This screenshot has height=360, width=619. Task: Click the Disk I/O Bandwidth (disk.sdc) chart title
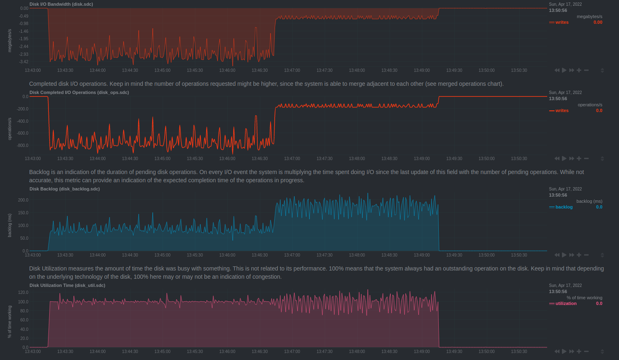pyautogui.click(x=61, y=4)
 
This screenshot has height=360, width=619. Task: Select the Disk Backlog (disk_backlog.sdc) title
pyautogui.click(x=64, y=189)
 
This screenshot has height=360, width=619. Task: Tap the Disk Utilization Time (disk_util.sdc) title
pyautogui.click(x=67, y=285)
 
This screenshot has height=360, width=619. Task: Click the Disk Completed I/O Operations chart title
pyautogui.click(x=79, y=92)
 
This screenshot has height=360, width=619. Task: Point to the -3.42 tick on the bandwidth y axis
pyautogui.click(x=23, y=62)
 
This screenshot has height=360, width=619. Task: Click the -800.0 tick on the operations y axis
pyautogui.click(x=23, y=145)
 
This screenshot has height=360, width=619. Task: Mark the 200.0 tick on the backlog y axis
pyautogui.click(x=23, y=200)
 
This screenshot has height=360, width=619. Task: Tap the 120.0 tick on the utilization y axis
pyautogui.click(x=23, y=292)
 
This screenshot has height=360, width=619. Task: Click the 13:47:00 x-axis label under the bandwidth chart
pyautogui.click(x=292, y=70)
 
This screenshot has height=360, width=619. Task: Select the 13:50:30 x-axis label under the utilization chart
pyautogui.click(x=519, y=351)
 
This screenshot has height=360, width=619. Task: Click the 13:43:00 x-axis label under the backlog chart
pyautogui.click(x=33, y=255)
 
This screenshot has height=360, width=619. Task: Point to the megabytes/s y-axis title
pyautogui.click(x=10, y=40)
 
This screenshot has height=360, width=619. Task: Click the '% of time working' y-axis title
pyautogui.click(x=10, y=321)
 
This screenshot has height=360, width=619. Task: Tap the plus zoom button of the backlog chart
pyautogui.click(x=579, y=255)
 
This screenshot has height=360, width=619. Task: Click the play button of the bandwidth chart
pyautogui.click(x=564, y=70)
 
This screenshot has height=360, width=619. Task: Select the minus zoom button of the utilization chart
pyautogui.click(x=586, y=351)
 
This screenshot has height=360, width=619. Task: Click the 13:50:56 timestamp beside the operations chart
pyautogui.click(x=558, y=99)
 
